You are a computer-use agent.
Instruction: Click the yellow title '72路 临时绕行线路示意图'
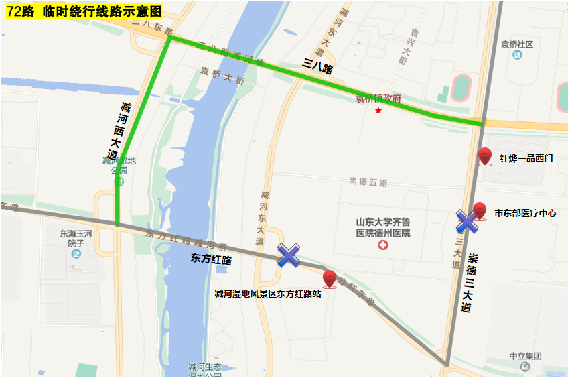(x=84, y=11)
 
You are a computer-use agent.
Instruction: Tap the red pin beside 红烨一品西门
(x=486, y=155)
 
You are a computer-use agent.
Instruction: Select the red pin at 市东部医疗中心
(x=480, y=210)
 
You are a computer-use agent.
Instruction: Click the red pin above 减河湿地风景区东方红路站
(x=330, y=278)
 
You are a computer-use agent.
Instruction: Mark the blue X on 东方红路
(x=289, y=255)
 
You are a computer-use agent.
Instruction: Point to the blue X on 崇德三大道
(x=467, y=221)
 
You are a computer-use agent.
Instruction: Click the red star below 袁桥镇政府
(x=378, y=110)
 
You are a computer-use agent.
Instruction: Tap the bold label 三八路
(x=317, y=66)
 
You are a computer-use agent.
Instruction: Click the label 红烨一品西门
(x=526, y=158)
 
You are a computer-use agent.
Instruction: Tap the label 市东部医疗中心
(x=525, y=213)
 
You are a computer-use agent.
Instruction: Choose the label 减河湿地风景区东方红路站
(x=267, y=294)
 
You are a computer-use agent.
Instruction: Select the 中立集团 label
(x=524, y=356)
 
